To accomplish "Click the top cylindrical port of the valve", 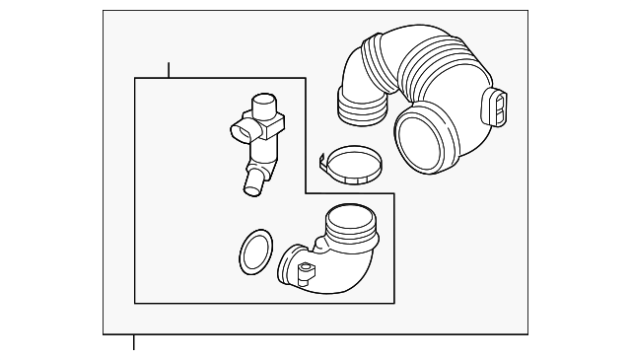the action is pos(264,106).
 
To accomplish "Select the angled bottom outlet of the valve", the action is pos(252,181).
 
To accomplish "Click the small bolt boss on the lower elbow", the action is pos(306,269).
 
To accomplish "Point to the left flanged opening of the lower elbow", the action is pos(290,267).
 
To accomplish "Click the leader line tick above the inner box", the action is pos(169,70).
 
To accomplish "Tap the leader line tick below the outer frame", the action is pos(134,342).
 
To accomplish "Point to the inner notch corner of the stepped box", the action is pos(306,193).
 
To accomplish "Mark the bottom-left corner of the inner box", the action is pos(134,303).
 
